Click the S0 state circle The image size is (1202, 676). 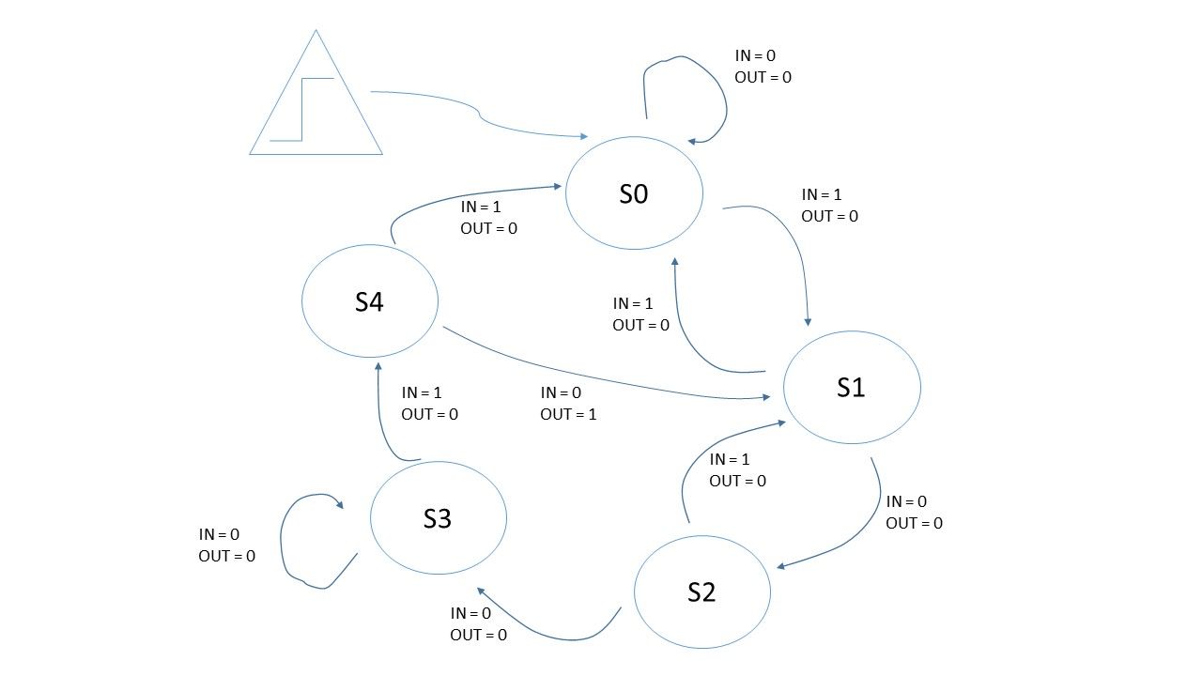coord(634,192)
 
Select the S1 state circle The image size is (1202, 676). coord(852,387)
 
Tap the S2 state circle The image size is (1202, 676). coord(702,591)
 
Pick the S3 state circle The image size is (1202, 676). coord(439,518)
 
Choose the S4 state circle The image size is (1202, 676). coord(370,301)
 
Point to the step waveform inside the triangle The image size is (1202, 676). coord(302,108)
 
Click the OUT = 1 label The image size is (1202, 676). coord(568,414)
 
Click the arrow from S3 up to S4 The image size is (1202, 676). coord(379,413)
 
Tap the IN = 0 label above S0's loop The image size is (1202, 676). coord(755,56)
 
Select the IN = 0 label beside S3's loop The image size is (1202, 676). coord(219,534)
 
